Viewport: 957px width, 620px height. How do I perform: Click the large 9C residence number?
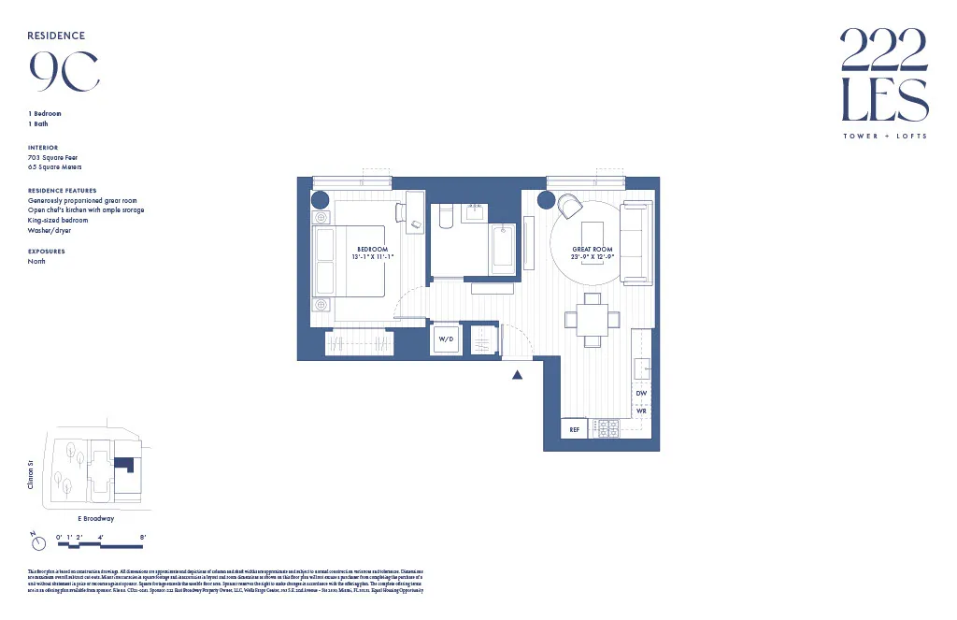(x=64, y=71)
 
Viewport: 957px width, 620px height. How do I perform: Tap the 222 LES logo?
(x=883, y=75)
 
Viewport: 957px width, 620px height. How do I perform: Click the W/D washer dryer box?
(x=445, y=339)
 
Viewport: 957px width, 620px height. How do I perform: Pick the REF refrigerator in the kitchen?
(x=575, y=429)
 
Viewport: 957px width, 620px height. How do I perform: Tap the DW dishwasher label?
(x=641, y=394)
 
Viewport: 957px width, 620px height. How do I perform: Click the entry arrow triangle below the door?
(x=516, y=374)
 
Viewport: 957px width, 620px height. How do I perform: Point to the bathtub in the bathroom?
(x=503, y=249)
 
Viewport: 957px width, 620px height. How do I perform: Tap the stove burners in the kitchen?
(x=608, y=428)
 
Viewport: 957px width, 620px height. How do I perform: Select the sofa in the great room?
(x=636, y=242)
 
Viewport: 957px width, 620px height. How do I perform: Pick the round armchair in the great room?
(x=570, y=206)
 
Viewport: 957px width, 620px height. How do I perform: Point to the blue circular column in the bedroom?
(x=320, y=200)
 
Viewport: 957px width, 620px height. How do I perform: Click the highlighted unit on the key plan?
(x=123, y=465)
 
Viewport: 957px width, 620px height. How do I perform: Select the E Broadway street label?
(x=95, y=518)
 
